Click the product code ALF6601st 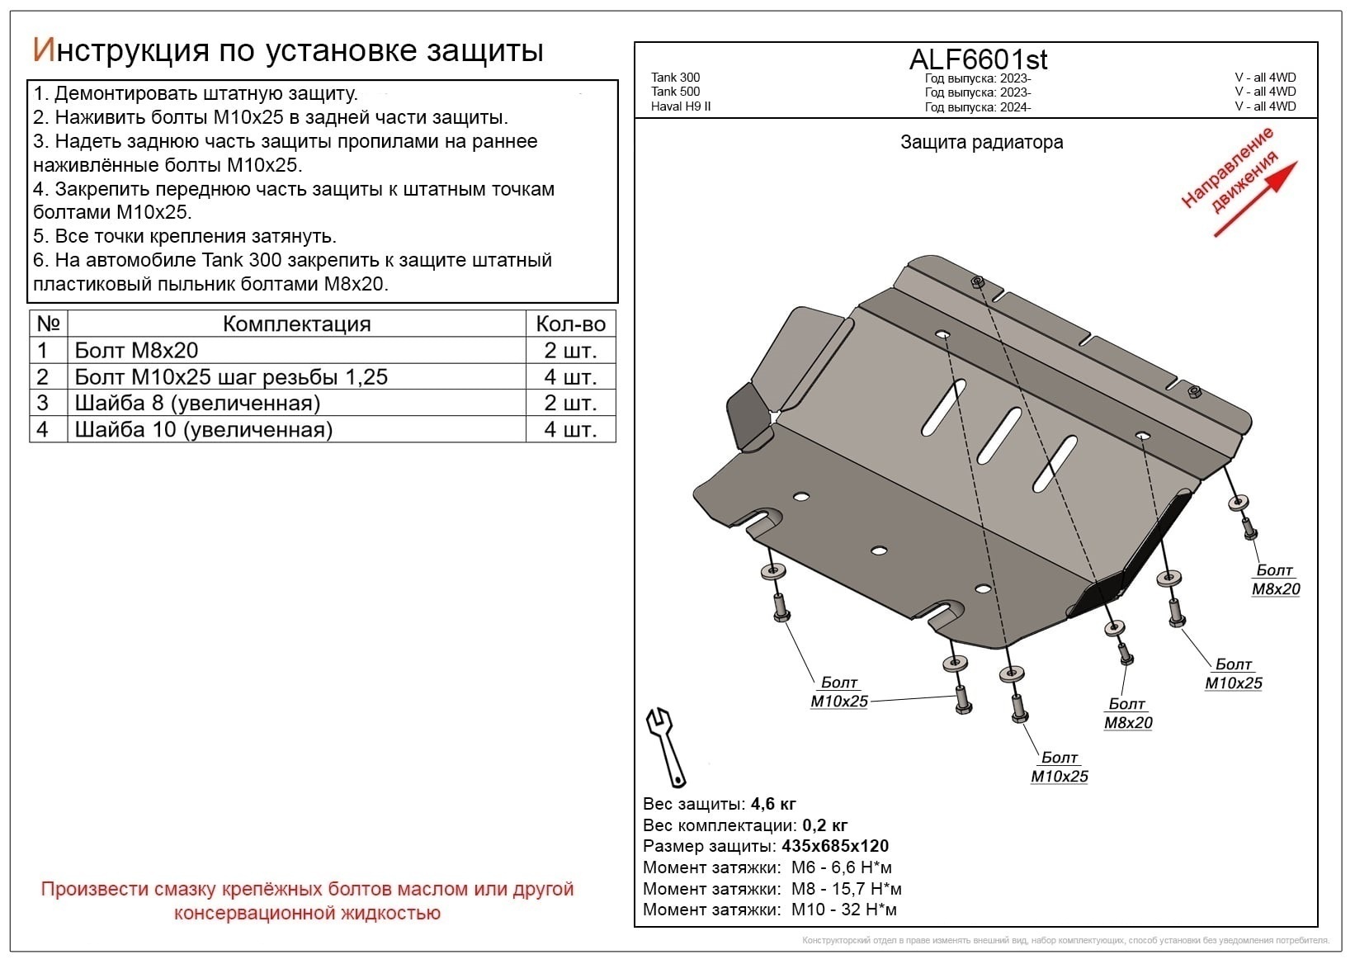point(978,59)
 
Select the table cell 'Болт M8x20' point(136,350)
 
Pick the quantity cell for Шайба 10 point(570,430)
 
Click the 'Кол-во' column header point(570,324)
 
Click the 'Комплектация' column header point(296,324)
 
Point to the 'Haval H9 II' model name point(681,106)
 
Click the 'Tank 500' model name point(675,92)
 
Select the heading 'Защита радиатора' point(981,142)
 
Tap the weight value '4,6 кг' point(773,804)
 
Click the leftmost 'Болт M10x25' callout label point(839,692)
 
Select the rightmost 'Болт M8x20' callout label point(1275,579)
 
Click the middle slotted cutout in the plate point(999,434)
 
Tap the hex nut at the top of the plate point(978,282)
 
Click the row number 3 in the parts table point(43,404)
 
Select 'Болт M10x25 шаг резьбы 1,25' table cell point(231,377)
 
